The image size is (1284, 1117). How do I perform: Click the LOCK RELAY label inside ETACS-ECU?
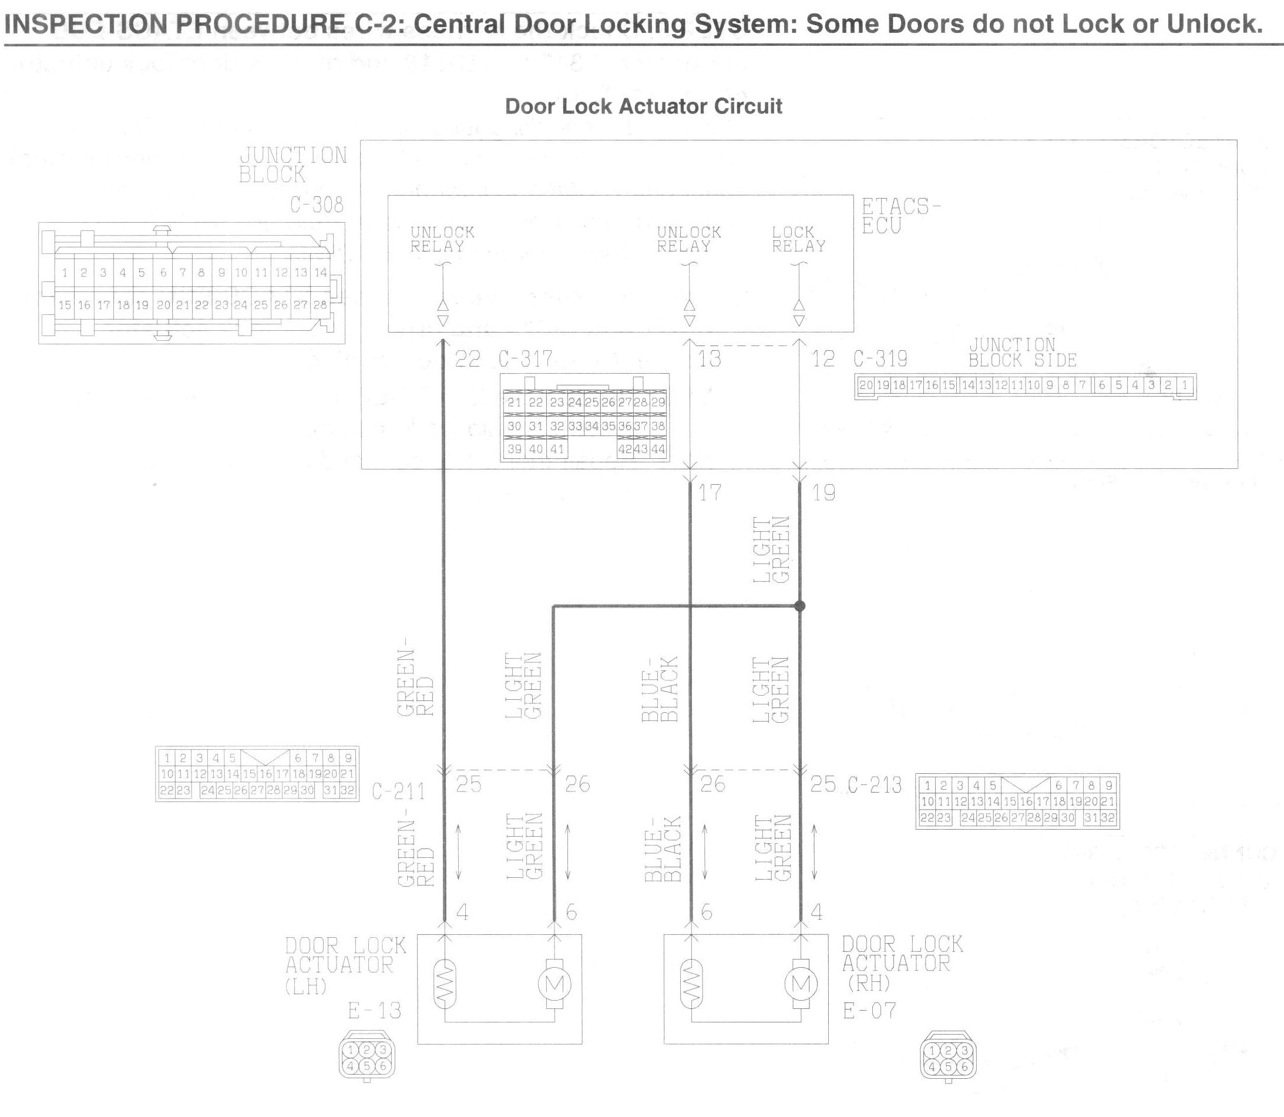(799, 239)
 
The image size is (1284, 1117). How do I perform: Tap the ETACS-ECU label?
(901, 216)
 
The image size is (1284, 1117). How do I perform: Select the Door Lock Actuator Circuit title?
(643, 106)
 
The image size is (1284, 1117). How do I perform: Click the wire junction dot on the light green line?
(800, 606)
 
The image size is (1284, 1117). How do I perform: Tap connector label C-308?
(317, 204)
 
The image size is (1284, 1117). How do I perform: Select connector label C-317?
(525, 359)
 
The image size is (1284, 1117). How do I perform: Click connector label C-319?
(880, 359)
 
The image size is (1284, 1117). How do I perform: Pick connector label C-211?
(399, 791)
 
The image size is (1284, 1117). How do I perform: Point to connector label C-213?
(875, 785)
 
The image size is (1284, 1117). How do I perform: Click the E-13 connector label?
(374, 1011)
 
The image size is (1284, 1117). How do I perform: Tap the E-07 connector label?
(870, 1011)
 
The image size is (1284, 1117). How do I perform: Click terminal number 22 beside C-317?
(468, 359)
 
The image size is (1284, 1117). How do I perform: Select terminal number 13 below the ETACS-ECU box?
(710, 359)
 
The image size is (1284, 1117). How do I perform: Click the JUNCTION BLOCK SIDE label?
(1023, 353)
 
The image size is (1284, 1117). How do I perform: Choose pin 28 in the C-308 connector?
(320, 305)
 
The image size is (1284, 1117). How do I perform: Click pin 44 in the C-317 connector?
(658, 449)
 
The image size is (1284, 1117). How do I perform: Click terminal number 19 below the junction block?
(823, 493)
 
